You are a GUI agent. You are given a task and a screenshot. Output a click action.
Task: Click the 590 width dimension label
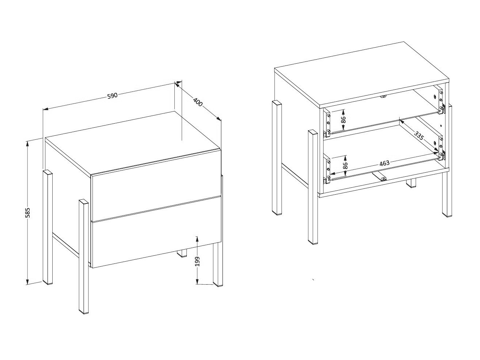pyautogui.click(x=112, y=95)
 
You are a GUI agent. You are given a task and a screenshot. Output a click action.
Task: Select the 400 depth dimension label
pyautogui.click(x=197, y=102)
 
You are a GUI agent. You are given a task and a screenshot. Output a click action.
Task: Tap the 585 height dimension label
pyautogui.click(x=27, y=213)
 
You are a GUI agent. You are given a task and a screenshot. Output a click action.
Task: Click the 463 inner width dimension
pyautogui.click(x=384, y=163)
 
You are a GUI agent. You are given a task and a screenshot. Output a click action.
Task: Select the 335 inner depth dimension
pyautogui.click(x=419, y=136)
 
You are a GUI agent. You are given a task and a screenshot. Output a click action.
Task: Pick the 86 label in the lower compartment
pyautogui.click(x=344, y=165)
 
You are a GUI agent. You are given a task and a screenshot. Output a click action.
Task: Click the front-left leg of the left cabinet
pyautogui.click(x=84, y=256)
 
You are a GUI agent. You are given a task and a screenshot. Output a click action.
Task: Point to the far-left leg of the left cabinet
pyautogui.click(x=48, y=227)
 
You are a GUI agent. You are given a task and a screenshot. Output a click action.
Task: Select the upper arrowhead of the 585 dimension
pyautogui.click(x=27, y=143)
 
